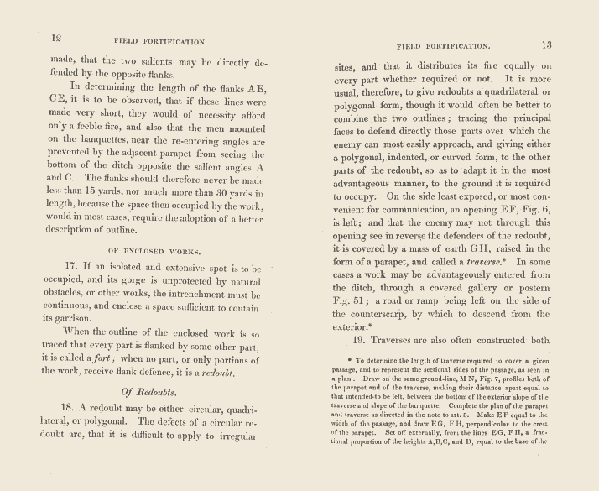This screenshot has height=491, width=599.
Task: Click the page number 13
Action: [x=546, y=44]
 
